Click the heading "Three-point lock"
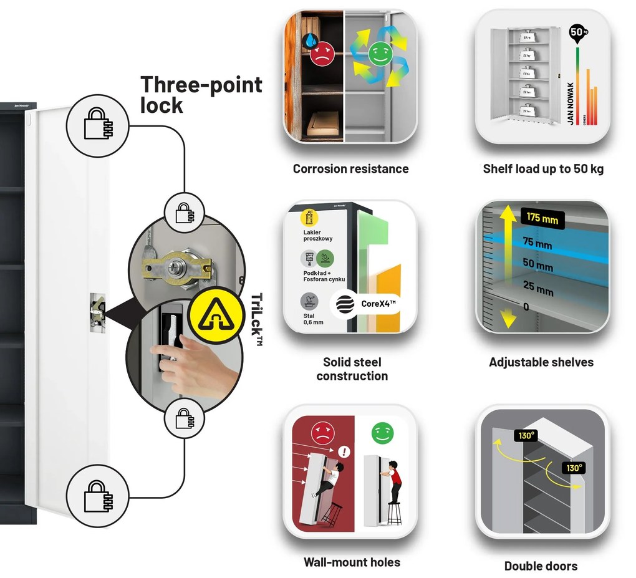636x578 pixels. (201, 95)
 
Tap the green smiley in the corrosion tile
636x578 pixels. (377, 54)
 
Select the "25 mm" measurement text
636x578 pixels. (537, 290)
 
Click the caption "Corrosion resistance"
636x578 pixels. (350, 169)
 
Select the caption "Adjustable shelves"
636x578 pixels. (541, 362)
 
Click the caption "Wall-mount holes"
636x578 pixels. (352, 562)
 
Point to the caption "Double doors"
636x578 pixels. (541, 566)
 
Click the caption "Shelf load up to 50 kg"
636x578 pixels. (543, 169)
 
